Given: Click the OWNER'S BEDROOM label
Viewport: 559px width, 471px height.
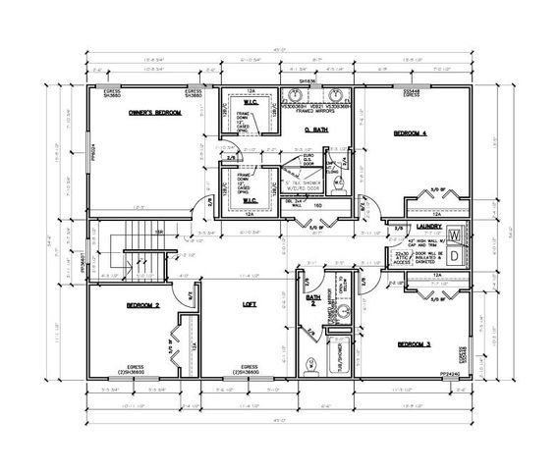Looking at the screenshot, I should click(x=155, y=114).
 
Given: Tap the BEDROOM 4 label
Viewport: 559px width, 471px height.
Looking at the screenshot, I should click(x=412, y=131).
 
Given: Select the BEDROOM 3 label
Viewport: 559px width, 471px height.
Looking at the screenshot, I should click(x=416, y=344).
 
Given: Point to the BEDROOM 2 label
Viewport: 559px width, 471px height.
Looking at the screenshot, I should click(x=142, y=306).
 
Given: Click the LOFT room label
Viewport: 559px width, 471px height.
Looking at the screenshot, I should click(x=250, y=305).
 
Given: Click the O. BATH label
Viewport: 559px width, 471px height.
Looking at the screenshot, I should click(x=313, y=129).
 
